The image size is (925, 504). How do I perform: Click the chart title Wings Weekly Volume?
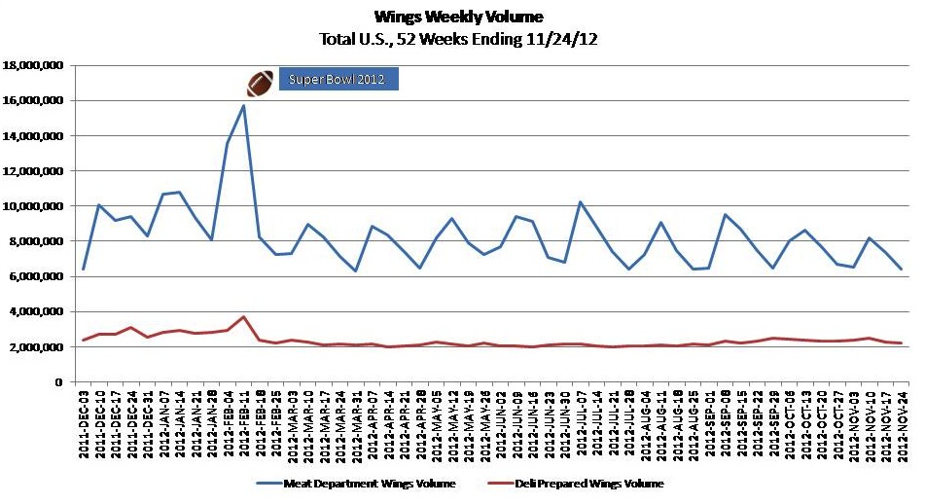[x=458, y=17]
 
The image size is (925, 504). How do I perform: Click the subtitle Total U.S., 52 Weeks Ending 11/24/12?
[x=458, y=39]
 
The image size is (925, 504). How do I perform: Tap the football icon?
[x=260, y=83]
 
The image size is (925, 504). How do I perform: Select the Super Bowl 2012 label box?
[x=338, y=79]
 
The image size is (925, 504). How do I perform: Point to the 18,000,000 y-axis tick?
[x=34, y=65]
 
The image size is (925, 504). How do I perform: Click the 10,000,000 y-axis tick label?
[x=34, y=206]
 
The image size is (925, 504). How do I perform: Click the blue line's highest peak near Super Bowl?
[x=244, y=105]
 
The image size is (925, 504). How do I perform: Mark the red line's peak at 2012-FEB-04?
[x=244, y=316]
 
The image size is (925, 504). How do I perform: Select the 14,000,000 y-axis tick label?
[x=34, y=136]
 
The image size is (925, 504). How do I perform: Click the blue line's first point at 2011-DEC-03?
[x=84, y=269]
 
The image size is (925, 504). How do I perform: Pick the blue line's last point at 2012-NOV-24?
[x=901, y=269]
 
